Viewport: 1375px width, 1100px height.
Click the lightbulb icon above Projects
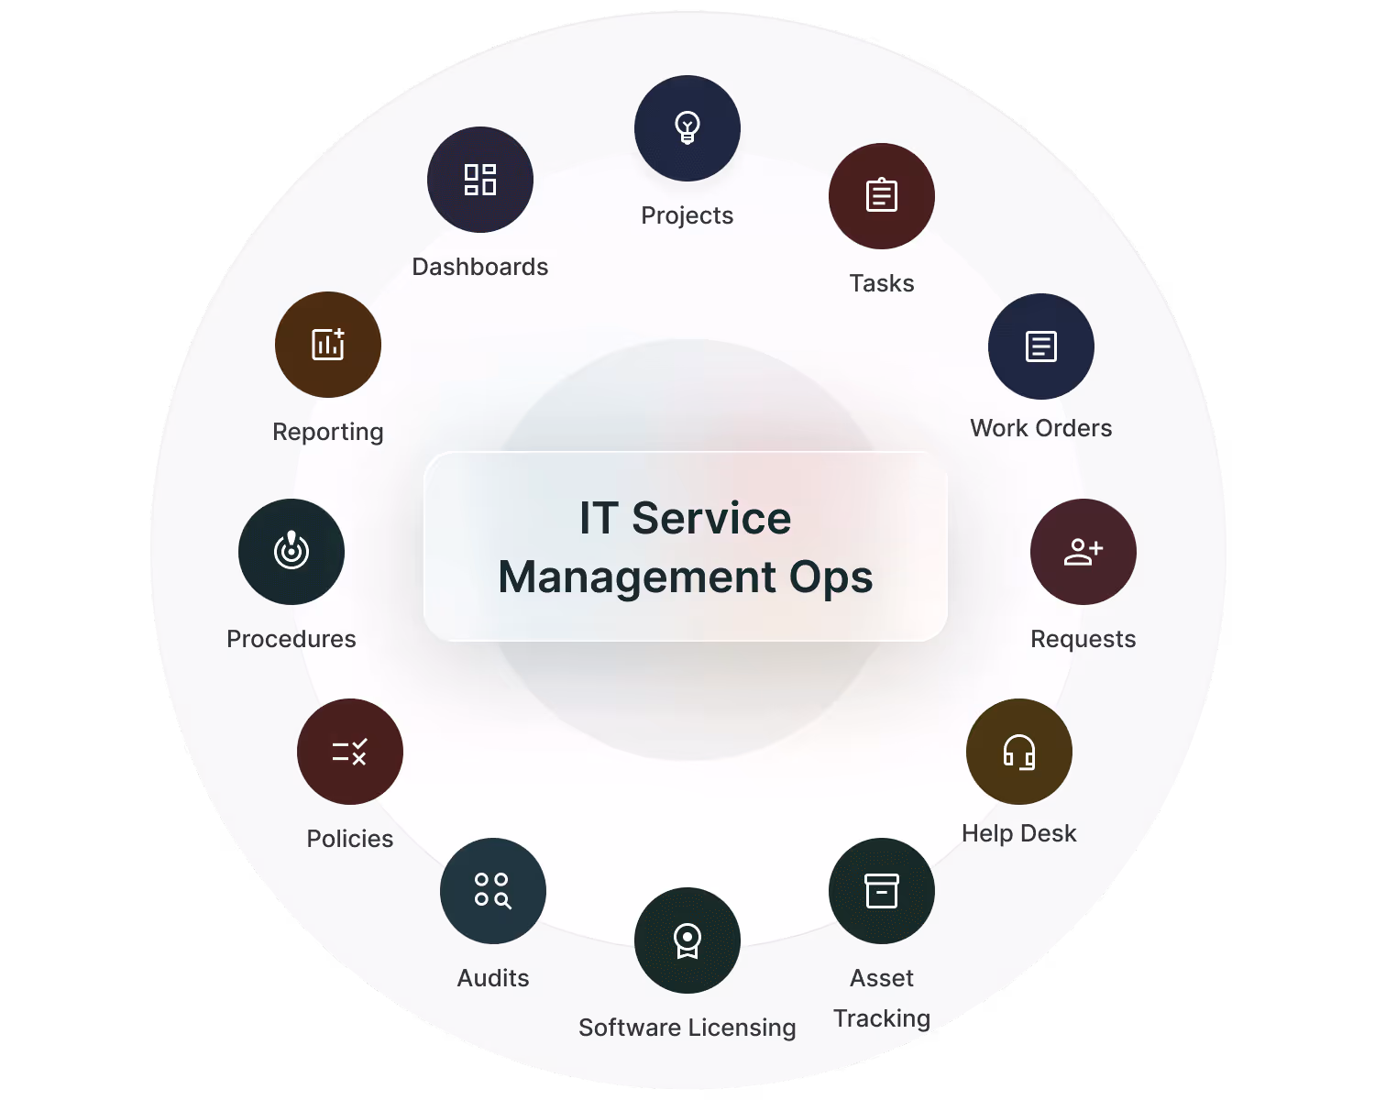tap(687, 127)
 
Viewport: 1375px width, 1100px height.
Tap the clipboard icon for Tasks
tap(882, 195)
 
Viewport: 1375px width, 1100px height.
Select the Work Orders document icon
tap(1041, 346)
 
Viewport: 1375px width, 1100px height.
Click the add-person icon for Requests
tap(1083, 552)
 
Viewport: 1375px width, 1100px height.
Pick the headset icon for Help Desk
tap(1019, 752)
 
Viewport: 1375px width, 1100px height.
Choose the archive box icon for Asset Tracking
tap(882, 891)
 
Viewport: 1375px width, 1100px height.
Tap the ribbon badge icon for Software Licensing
tap(687, 940)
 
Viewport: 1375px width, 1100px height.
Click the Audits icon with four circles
tap(493, 891)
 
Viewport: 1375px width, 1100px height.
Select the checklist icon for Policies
tap(350, 752)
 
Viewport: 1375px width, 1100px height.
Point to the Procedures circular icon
tap(291, 552)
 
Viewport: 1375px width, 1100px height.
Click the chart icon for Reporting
tap(328, 345)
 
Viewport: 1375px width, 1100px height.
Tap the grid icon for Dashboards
tap(480, 180)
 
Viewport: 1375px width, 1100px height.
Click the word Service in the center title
tap(711, 519)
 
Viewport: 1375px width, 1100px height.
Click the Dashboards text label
tap(480, 267)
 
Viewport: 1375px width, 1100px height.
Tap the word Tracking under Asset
tap(882, 1018)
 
